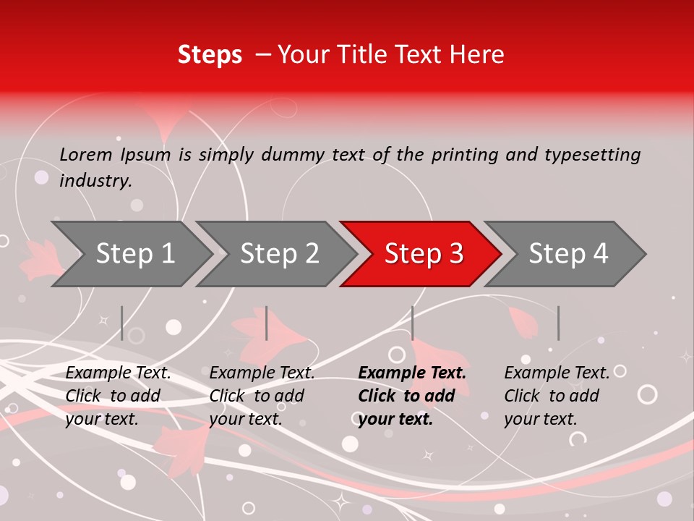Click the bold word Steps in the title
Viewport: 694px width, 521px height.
(210, 55)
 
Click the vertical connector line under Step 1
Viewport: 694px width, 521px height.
(122, 323)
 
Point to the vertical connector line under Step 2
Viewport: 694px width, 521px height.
(267, 323)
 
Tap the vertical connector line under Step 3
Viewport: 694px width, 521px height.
(412, 323)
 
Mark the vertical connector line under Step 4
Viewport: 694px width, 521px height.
(558, 323)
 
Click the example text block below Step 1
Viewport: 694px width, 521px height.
(118, 396)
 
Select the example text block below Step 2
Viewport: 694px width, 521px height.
(262, 396)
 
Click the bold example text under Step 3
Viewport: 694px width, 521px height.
(412, 396)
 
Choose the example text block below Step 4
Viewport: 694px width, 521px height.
(557, 396)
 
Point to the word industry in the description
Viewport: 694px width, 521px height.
(95, 180)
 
